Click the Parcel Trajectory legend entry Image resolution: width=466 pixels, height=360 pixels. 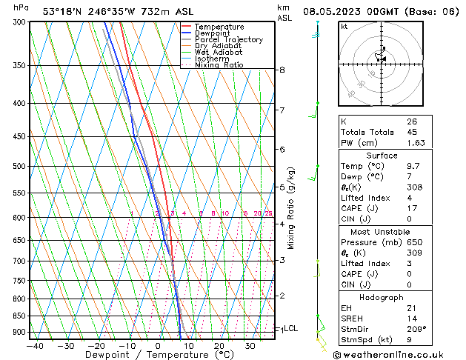pyautogui.click(x=228, y=39)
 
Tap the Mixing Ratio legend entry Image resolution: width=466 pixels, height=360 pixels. pyautogui.click(x=219, y=64)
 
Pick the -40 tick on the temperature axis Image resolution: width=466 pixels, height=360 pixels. pyautogui.click(x=34, y=346)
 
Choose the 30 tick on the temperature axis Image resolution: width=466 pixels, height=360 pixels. pyautogui.click(x=250, y=346)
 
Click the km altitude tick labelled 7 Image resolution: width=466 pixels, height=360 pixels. pyautogui.click(x=282, y=110)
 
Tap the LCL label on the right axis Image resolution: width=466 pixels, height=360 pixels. pyautogui.click(x=291, y=328)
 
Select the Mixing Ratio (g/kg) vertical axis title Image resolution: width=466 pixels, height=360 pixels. pyautogui.click(x=291, y=208)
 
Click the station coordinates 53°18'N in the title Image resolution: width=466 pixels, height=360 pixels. pyautogui.click(x=64, y=11)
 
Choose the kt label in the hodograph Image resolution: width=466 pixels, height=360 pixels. pyautogui.click(x=344, y=26)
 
